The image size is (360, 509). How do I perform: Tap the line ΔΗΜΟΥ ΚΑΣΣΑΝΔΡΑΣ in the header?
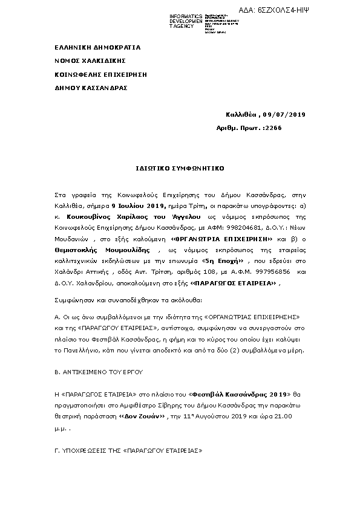click(91, 88)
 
